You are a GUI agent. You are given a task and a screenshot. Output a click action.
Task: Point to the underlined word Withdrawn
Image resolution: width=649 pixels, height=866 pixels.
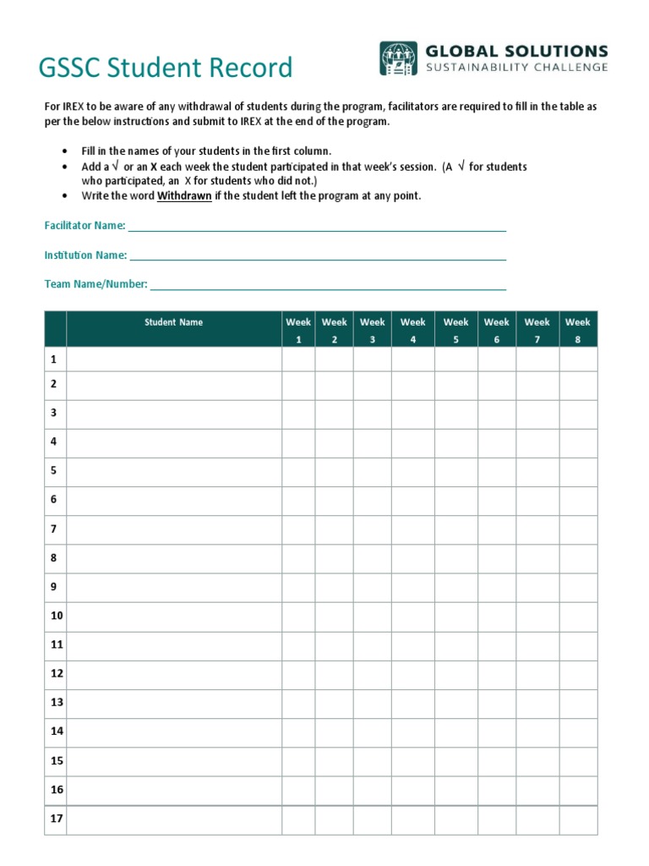(x=184, y=196)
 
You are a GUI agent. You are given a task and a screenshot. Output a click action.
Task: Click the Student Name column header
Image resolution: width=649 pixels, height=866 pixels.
(x=173, y=322)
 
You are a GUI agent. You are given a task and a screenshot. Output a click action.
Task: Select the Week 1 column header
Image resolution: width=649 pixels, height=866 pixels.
(x=298, y=330)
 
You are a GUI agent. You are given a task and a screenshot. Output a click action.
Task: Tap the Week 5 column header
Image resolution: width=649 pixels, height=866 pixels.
(x=455, y=330)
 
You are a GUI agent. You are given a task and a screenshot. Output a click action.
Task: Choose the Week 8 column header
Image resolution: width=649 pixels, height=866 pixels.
(x=578, y=330)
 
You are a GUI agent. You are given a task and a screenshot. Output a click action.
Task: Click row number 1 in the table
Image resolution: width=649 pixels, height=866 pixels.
(x=53, y=359)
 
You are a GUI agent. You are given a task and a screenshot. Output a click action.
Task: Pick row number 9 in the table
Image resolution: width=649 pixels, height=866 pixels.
(x=53, y=586)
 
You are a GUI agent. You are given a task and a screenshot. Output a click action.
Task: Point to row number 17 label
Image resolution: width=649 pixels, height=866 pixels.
(x=57, y=819)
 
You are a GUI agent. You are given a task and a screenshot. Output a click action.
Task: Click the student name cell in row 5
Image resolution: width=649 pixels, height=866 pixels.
(x=173, y=471)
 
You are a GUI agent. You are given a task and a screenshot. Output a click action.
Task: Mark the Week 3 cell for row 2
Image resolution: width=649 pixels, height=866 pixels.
(x=372, y=385)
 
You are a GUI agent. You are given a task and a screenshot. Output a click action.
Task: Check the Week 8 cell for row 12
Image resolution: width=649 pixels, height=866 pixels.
(x=578, y=674)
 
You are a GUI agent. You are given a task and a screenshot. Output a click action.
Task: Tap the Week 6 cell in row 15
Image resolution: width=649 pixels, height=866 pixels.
(x=496, y=761)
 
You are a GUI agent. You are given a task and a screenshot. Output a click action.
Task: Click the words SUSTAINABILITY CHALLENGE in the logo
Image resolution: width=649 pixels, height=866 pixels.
(x=517, y=67)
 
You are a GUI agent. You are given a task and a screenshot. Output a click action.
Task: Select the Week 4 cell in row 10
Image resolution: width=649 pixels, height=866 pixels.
(x=412, y=616)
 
